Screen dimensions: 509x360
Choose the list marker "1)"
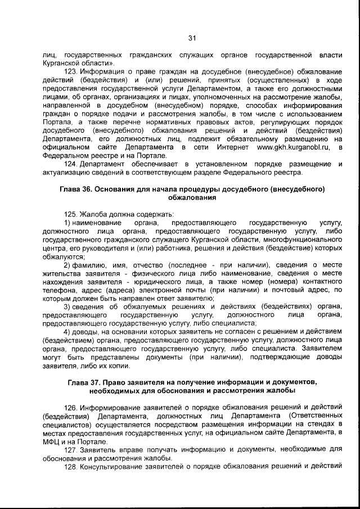click(x=67, y=223)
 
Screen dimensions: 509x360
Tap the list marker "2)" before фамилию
click(x=67, y=265)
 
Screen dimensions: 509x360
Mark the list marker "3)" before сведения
click(x=67, y=307)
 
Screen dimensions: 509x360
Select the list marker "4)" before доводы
click(x=67, y=332)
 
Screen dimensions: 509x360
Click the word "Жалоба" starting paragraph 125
click(x=93, y=214)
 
